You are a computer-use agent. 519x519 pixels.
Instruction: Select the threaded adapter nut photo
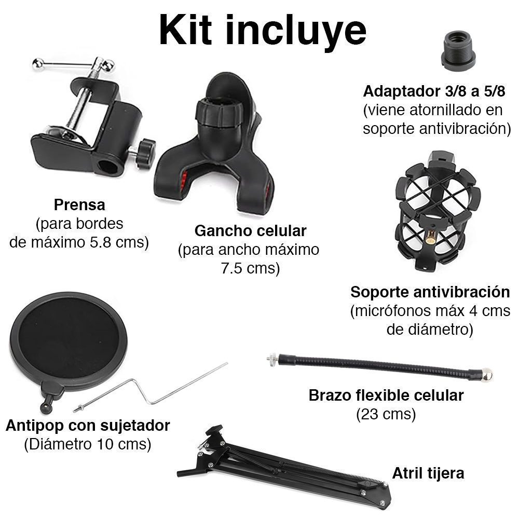coord(458,50)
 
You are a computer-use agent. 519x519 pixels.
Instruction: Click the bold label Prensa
coord(79,204)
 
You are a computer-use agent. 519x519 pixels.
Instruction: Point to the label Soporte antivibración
coord(430,292)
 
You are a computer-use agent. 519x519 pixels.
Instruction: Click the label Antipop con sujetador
coord(88,426)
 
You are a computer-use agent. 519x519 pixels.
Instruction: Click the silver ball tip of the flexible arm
coord(487,374)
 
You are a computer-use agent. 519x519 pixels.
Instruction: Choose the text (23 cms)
coord(386,414)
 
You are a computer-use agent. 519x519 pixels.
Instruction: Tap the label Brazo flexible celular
coord(386,395)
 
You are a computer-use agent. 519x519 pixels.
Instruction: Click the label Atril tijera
coord(428,473)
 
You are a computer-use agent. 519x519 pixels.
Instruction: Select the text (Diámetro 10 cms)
coord(88,445)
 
